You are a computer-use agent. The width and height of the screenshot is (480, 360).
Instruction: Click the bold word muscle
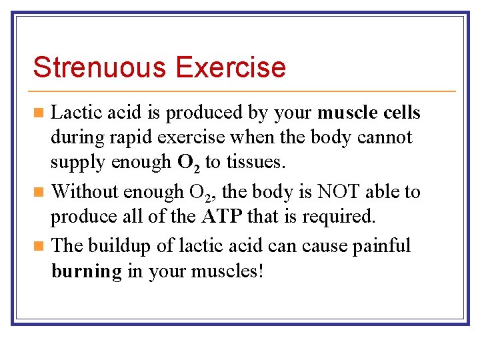tap(348, 113)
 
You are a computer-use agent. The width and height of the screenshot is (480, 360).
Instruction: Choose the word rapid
tap(122, 138)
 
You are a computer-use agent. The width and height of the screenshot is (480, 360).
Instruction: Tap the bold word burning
tap(86, 272)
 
